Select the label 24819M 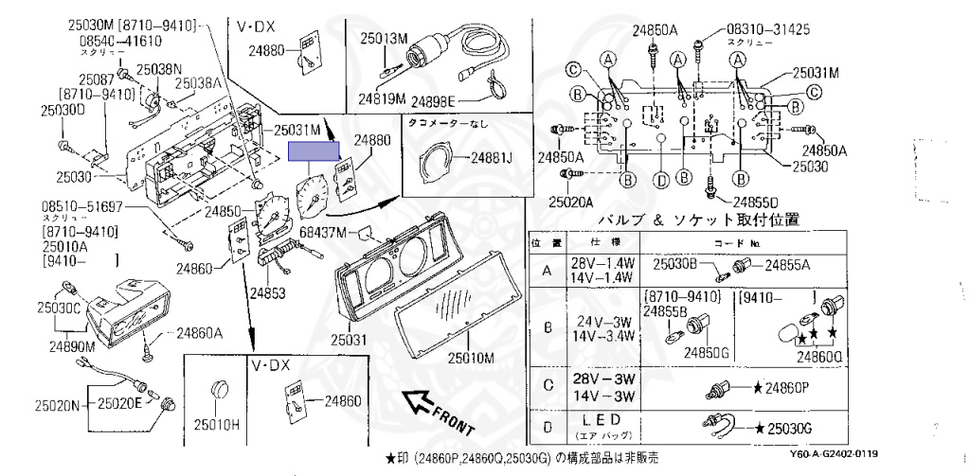pos(382,98)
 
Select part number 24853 pos(268,293)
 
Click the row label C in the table pos(547,384)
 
